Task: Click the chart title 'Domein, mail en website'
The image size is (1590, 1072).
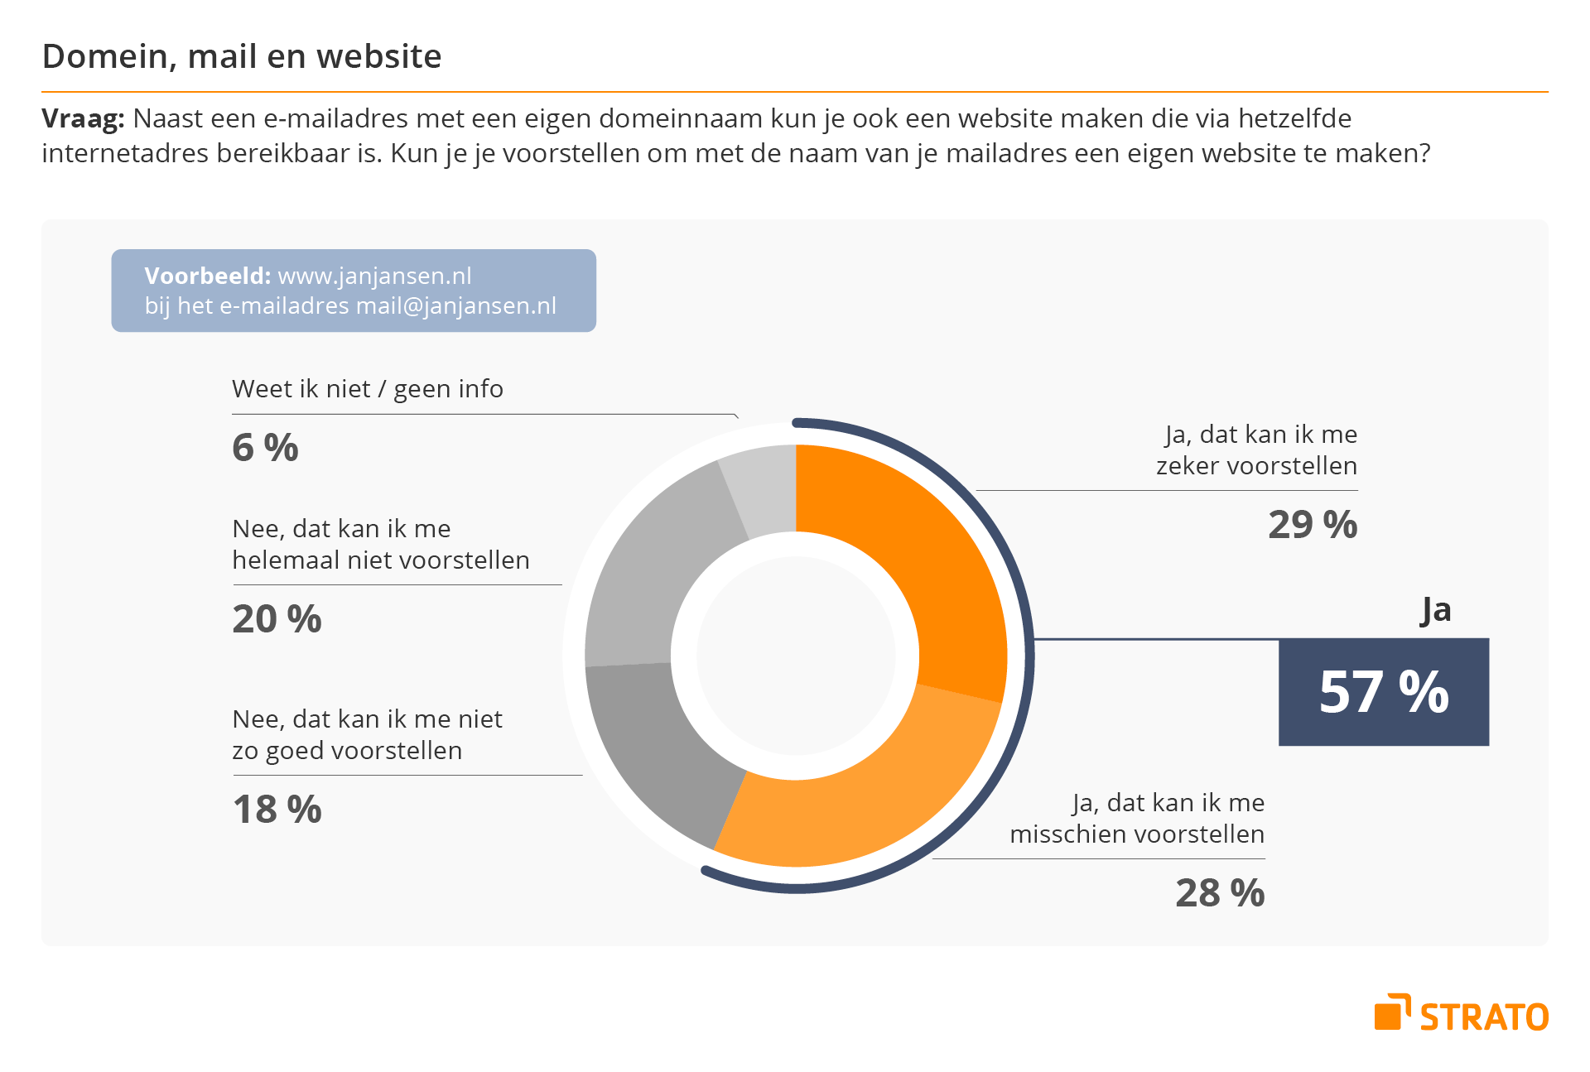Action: pos(242,56)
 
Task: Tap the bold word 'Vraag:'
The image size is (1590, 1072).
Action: pos(83,118)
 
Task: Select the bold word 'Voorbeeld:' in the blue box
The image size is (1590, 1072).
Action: pos(207,276)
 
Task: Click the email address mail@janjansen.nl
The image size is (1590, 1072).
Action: pos(455,306)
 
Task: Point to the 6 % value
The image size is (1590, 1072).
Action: pos(265,448)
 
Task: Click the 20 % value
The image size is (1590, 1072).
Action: pos(277,619)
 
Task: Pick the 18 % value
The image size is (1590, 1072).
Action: pos(277,810)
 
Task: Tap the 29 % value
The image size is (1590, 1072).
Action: pos(1313,525)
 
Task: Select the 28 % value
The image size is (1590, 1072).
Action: pos(1220,893)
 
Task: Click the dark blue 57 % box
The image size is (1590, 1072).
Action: pos(1383,692)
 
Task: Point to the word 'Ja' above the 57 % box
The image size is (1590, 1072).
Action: pos(1436,611)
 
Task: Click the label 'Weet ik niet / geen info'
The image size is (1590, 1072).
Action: pos(368,389)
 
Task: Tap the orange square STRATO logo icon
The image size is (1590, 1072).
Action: pos(1391,1013)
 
